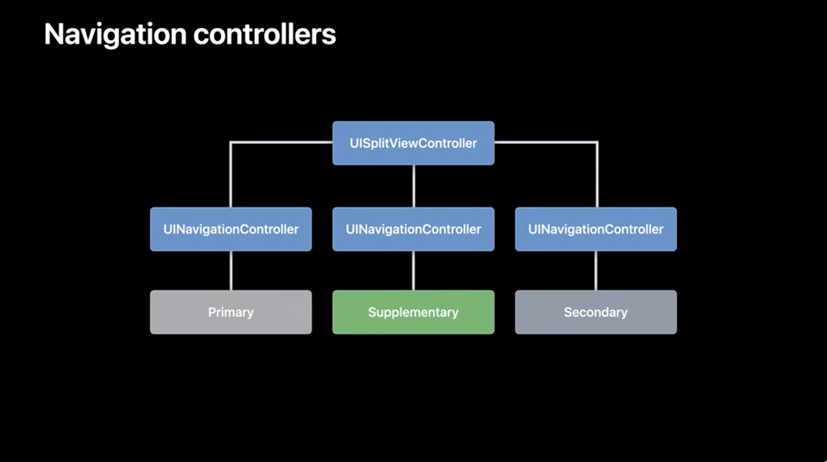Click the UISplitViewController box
pyautogui.click(x=413, y=143)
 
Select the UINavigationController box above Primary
pyautogui.click(x=231, y=229)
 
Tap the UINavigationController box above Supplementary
pyautogui.click(x=413, y=229)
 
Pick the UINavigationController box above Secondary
pyautogui.click(x=596, y=229)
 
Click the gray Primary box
pyautogui.click(x=231, y=312)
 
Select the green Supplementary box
pyautogui.click(x=413, y=312)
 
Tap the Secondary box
pyautogui.click(x=596, y=312)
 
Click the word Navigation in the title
pyautogui.click(x=115, y=35)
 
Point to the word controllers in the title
pyautogui.click(x=264, y=34)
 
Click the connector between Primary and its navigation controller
pyautogui.click(x=231, y=271)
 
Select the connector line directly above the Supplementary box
pyautogui.click(x=413, y=271)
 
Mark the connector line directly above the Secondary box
pyautogui.click(x=596, y=271)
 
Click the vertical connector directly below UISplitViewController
pyautogui.click(x=413, y=186)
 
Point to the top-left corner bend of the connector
pyautogui.click(x=231, y=142)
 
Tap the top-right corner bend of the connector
pyautogui.click(x=597, y=142)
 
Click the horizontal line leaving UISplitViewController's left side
pyautogui.click(x=282, y=142)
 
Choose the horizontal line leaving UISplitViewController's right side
pyautogui.click(x=546, y=142)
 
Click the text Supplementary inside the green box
pyautogui.click(x=413, y=312)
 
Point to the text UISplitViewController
pyautogui.click(x=413, y=143)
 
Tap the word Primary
pyautogui.click(x=231, y=312)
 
